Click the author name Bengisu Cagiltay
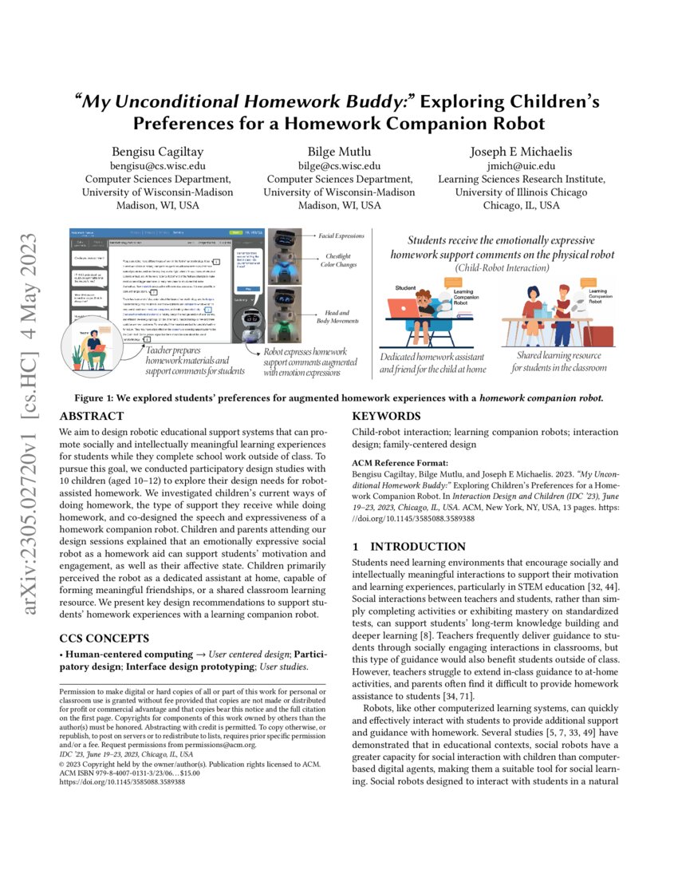(x=158, y=151)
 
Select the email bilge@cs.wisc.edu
(x=339, y=165)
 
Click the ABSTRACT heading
(x=92, y=416)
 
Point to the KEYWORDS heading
(x=387, y=416)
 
